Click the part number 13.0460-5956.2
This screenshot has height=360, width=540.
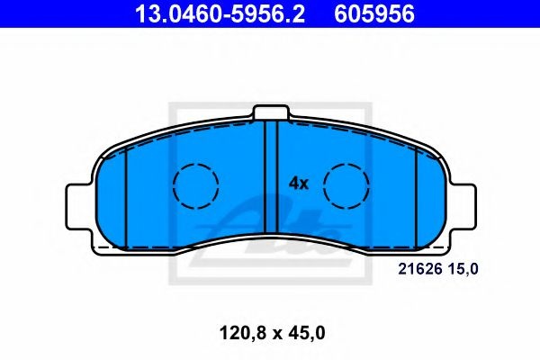[220, 14]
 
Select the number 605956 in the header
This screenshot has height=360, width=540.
[374, 14]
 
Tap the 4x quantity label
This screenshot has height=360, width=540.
[299, 184]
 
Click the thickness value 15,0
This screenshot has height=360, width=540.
[463, 269]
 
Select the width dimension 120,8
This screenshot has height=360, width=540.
[242, 334]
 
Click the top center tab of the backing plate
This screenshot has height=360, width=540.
[270, 112]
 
